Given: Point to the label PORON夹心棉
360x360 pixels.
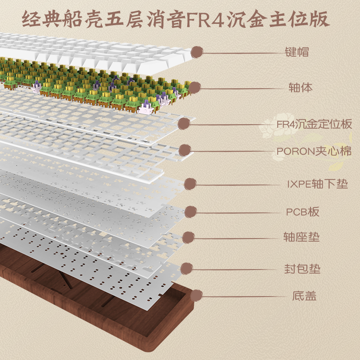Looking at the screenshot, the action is (314, 151).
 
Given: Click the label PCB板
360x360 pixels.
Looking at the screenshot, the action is (303, 211).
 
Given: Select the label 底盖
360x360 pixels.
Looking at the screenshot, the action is (304, 296).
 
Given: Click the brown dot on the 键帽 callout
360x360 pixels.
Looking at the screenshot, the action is (197, 53).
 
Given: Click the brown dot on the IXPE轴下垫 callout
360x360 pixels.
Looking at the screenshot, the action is (190, 184).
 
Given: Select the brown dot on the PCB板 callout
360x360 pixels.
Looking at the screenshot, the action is (191, 211).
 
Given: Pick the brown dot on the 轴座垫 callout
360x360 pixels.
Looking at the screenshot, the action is (189, 237).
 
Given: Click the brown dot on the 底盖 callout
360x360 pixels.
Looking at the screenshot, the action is (196, 296).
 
